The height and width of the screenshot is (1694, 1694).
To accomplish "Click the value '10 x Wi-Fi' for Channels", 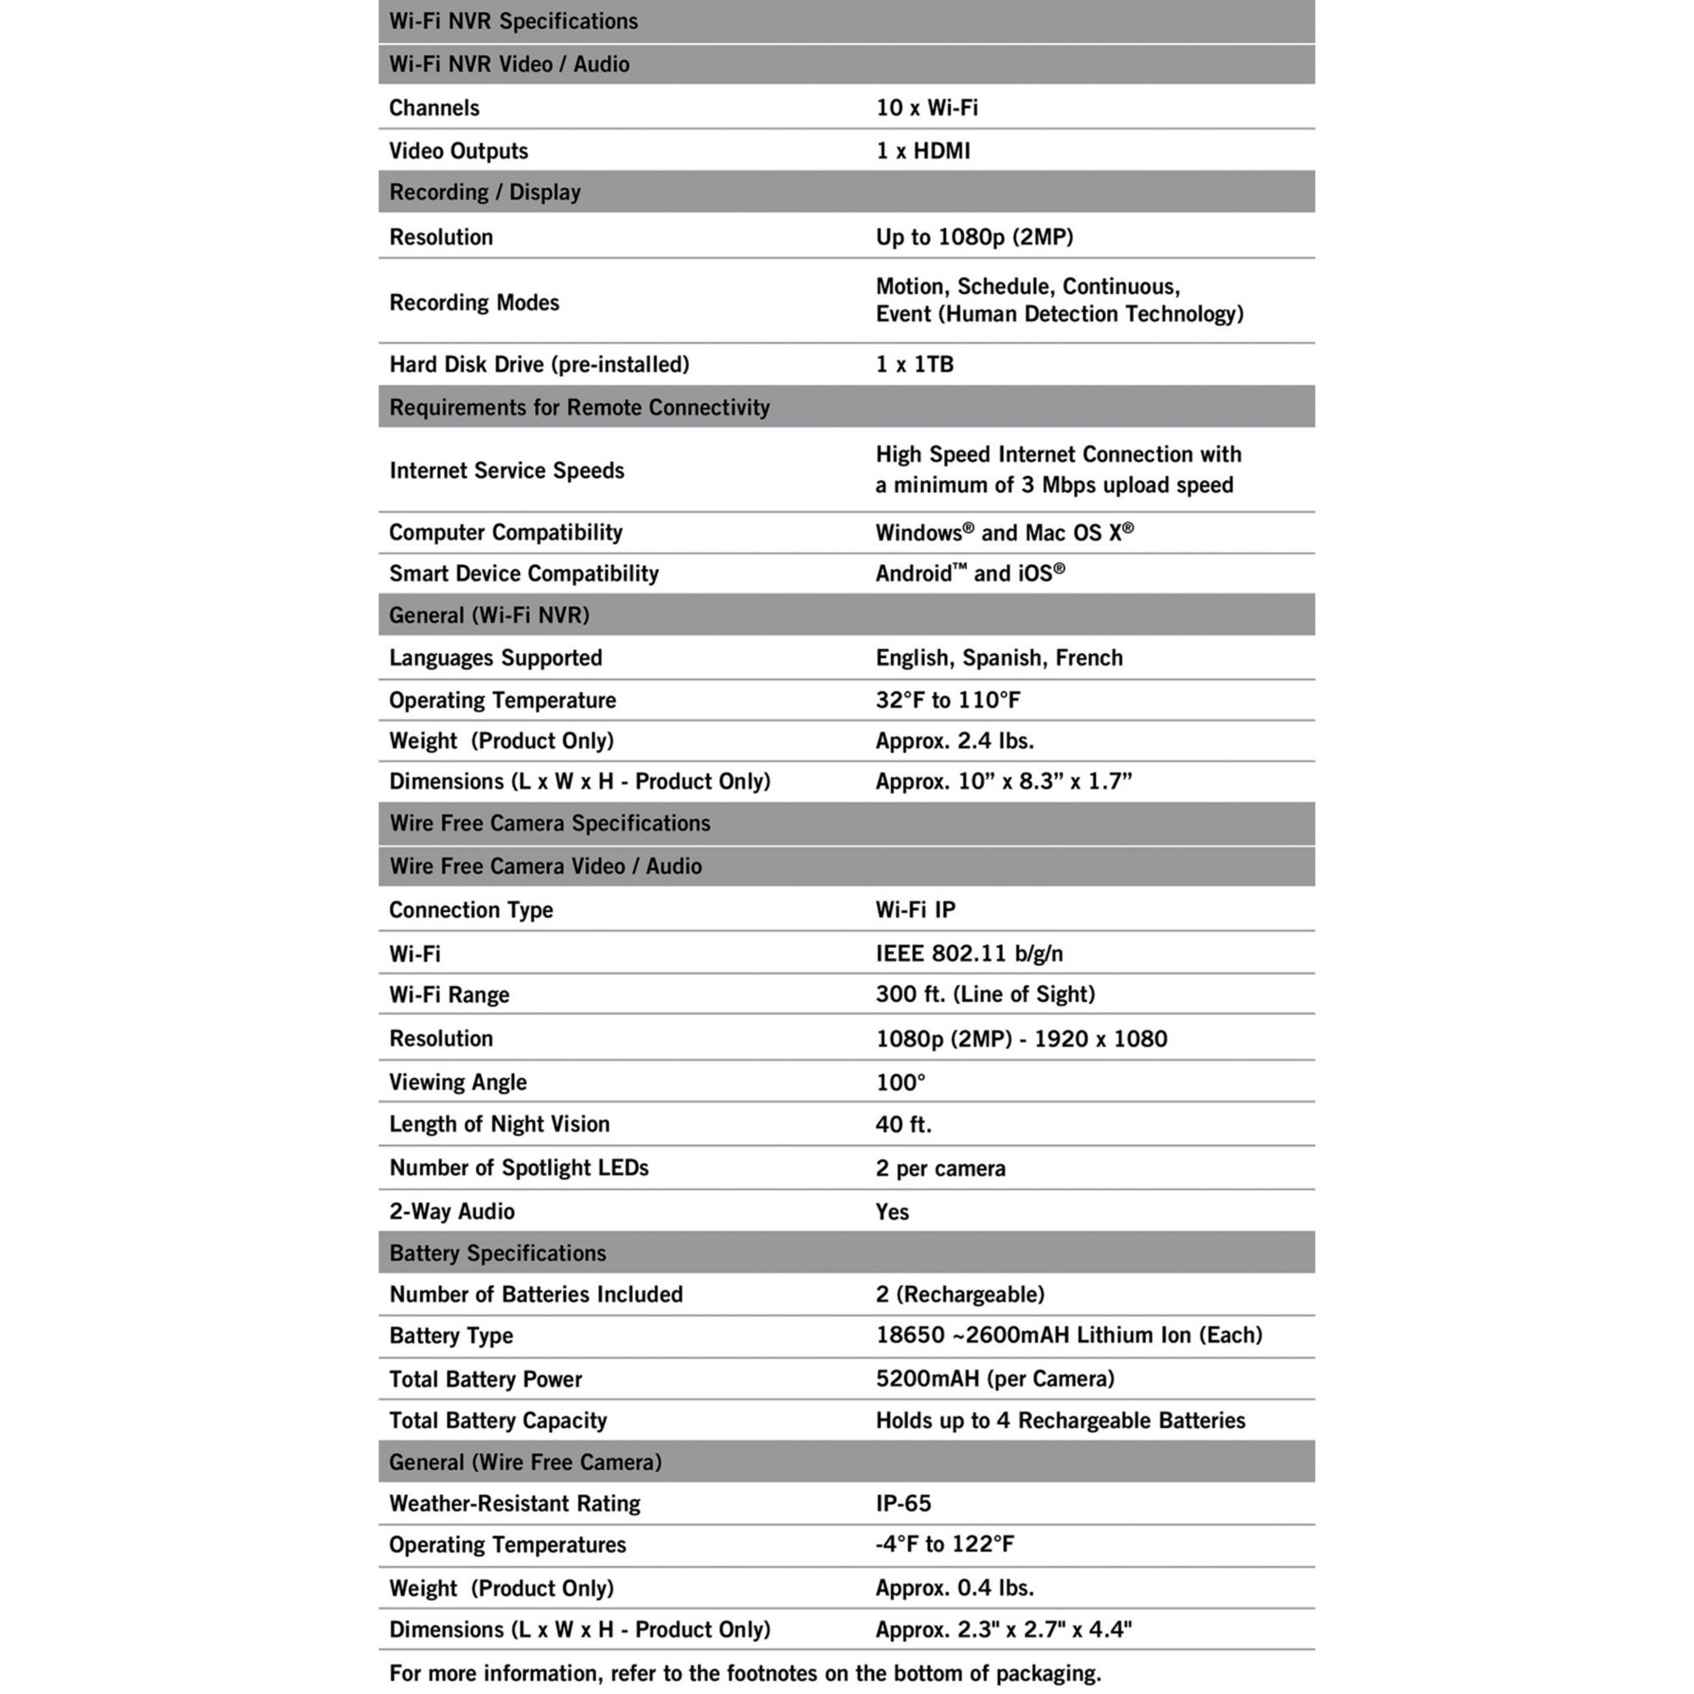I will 927,108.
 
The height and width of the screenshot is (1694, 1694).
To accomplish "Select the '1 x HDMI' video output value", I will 922,151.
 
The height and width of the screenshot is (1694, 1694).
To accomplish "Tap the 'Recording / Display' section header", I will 484,192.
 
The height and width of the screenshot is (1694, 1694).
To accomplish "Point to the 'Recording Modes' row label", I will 474,302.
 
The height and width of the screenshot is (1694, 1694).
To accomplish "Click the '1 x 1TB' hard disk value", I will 915,364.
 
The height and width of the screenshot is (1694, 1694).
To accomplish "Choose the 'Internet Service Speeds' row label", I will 507,471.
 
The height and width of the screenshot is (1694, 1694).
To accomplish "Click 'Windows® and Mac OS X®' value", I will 1004,532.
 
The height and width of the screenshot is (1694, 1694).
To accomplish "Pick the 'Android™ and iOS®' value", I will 970,573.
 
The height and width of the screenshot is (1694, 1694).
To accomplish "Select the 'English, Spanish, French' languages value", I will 999,657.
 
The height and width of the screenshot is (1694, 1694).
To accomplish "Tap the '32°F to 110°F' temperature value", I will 948,700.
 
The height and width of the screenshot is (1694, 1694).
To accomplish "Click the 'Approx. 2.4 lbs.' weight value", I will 955,741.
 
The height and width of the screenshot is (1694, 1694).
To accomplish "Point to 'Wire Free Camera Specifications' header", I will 550,823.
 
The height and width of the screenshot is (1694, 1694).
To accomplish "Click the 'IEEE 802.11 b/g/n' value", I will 969,953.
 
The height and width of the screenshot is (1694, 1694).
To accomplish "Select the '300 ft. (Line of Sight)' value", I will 986,994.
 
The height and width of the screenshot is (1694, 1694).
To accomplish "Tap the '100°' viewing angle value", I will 900,1082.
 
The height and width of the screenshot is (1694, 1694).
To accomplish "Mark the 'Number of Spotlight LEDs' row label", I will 519,1168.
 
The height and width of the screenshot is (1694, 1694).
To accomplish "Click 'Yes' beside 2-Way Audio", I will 892,1212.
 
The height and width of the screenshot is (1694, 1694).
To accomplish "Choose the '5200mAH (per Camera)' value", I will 995,1378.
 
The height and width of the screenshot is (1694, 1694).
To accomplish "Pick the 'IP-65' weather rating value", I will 903,1503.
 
